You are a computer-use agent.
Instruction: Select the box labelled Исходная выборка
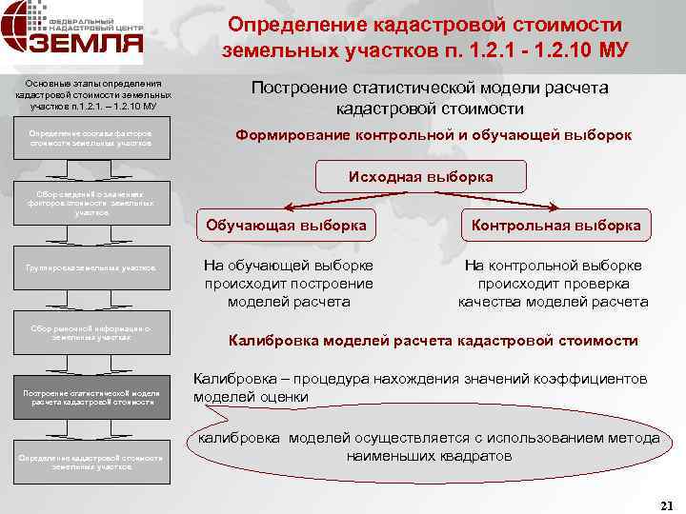coord(421,178)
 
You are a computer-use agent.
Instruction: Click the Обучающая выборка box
coord(287,227)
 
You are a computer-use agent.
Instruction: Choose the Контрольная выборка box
coord(554,227)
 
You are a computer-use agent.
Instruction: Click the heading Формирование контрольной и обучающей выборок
coord(433,135)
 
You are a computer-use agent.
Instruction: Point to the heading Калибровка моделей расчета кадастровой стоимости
coord(433,341)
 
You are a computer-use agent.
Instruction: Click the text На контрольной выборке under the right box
coord(553,267)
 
